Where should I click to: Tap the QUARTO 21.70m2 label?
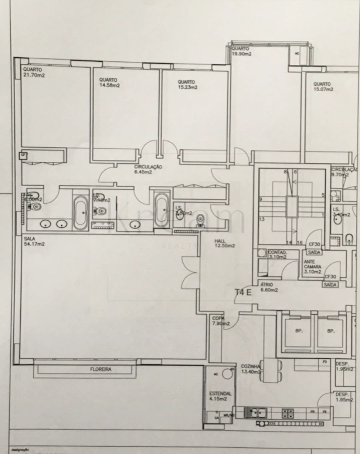[x=34, y=72]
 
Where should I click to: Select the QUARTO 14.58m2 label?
[x=109, y=82]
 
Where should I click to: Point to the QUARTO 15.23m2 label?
[x=187, y=84]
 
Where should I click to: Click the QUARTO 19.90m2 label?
[x=241, y=51]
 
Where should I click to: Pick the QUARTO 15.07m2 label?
[x=323, y=87]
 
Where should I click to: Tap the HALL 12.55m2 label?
[x=224, y=243]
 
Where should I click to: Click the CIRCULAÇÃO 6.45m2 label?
[x=148, y=169]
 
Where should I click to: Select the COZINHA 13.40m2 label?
[x=252, y=369]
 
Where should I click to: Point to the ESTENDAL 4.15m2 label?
[x=220, y=396]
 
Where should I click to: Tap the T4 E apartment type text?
[x=243, y=292]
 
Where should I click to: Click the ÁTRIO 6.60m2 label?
[x=268, y=287]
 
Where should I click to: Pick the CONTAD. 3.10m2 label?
[x=277, y=255]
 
